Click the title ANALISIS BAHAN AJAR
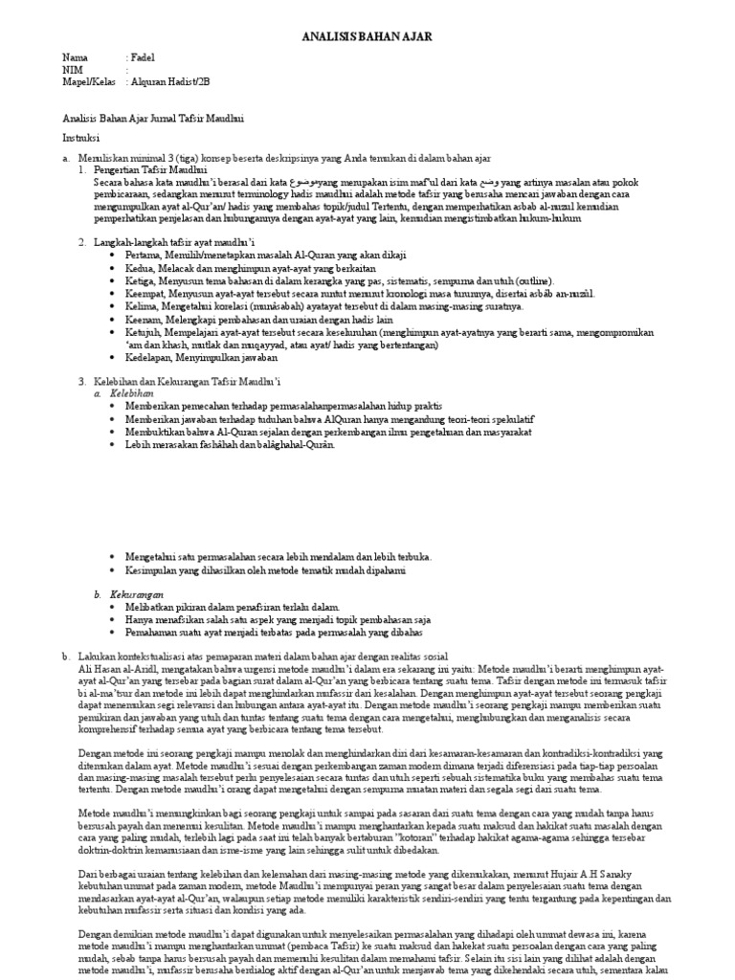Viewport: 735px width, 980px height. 367,36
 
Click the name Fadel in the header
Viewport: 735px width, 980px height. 143,57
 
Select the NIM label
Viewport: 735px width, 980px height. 73,70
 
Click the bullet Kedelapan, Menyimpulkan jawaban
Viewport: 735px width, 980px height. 200,357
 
